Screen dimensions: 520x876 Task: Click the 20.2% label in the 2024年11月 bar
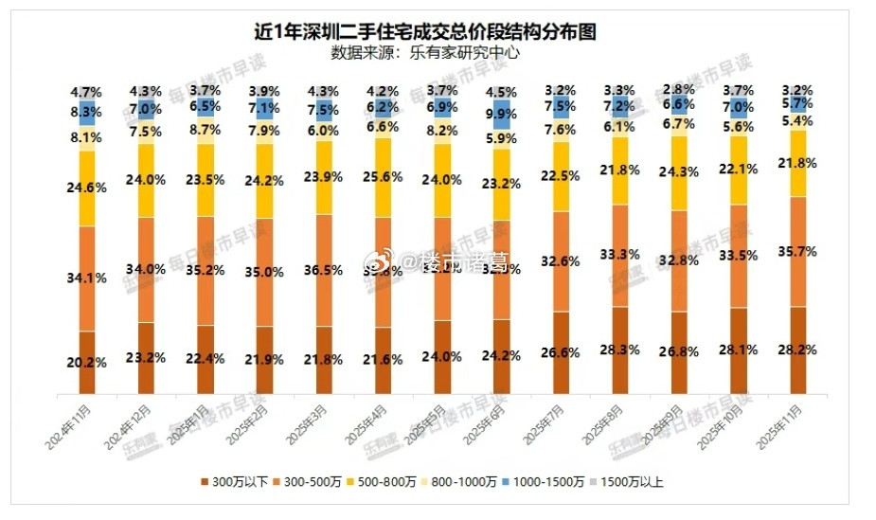[87, 361]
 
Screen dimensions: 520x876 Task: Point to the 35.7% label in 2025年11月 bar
[798, 252]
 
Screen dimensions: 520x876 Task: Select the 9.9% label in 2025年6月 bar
[501, 114]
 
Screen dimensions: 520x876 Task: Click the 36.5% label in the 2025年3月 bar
[324, 270]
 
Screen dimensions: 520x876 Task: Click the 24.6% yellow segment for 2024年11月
[87, 188]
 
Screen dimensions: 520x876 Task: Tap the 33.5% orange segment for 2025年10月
[739, 255]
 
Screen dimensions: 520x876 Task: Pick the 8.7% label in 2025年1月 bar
[206, 128]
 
